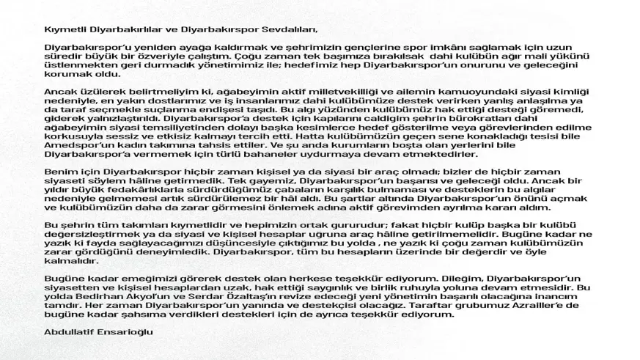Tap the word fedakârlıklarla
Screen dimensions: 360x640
[124, 188]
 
